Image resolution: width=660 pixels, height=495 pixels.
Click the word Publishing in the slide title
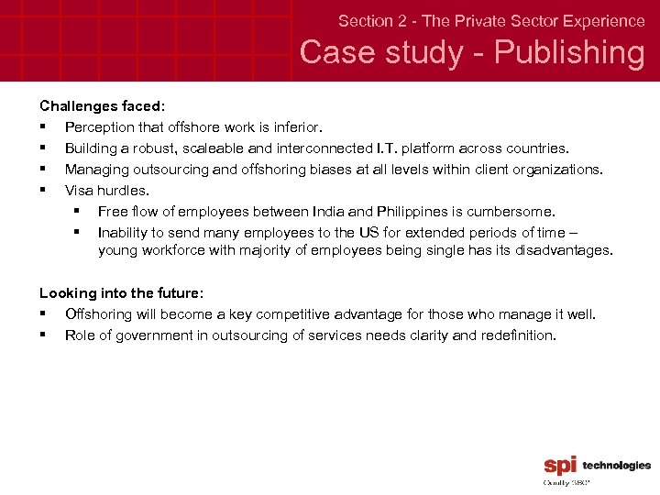click(568, 52)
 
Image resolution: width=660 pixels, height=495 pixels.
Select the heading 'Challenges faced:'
click(102, 106)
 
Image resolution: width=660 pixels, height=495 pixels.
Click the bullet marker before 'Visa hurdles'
click(43, 191)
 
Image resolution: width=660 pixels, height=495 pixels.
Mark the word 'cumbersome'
click(515, 212)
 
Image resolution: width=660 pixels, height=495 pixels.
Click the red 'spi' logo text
click(560, 466)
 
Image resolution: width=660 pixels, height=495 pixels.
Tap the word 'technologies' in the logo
click(616, 466)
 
